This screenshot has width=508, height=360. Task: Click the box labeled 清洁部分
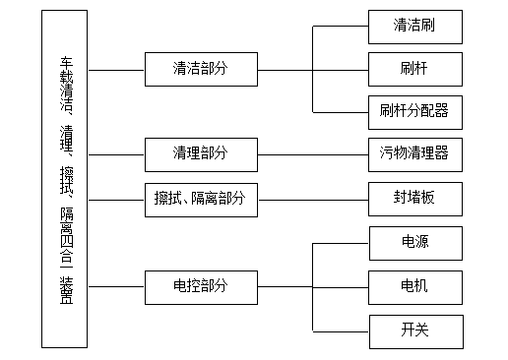tap(200, 70)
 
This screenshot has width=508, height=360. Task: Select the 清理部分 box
tap(200, 153)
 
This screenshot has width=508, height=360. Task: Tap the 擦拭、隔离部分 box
tap(200, 199)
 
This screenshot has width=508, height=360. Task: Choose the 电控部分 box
tap(200, 285)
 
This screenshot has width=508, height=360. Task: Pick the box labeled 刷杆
tap(413, 69)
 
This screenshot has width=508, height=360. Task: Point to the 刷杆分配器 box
tap(413, 111)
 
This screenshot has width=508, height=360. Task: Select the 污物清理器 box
tap(413, 153)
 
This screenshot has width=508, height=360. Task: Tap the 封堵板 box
tap(413, 199)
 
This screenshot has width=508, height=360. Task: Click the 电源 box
tap(413, 242)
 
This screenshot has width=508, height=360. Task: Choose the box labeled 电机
tap(413, 286)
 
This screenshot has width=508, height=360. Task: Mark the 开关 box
tap(413, 330)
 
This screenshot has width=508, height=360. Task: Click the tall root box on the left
tap(65, 178)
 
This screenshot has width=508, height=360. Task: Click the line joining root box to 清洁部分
tap(115, 70)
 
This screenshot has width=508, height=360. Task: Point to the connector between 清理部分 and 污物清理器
tap(313, 153)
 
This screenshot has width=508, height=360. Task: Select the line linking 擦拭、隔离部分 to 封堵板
tap(313, 199)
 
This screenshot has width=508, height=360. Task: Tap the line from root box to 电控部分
tap(115, 285)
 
